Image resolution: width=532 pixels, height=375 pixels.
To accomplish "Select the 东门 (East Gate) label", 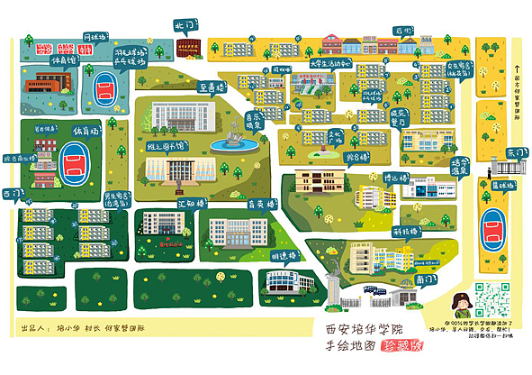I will click(516, 153).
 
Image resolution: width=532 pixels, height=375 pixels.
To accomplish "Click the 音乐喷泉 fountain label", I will click(258, 121).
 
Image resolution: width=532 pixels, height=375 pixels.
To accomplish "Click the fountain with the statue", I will click(230, 137).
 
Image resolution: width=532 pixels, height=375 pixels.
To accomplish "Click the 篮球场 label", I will click(503, 186).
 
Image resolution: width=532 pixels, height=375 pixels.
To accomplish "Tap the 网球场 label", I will click(95, 37).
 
